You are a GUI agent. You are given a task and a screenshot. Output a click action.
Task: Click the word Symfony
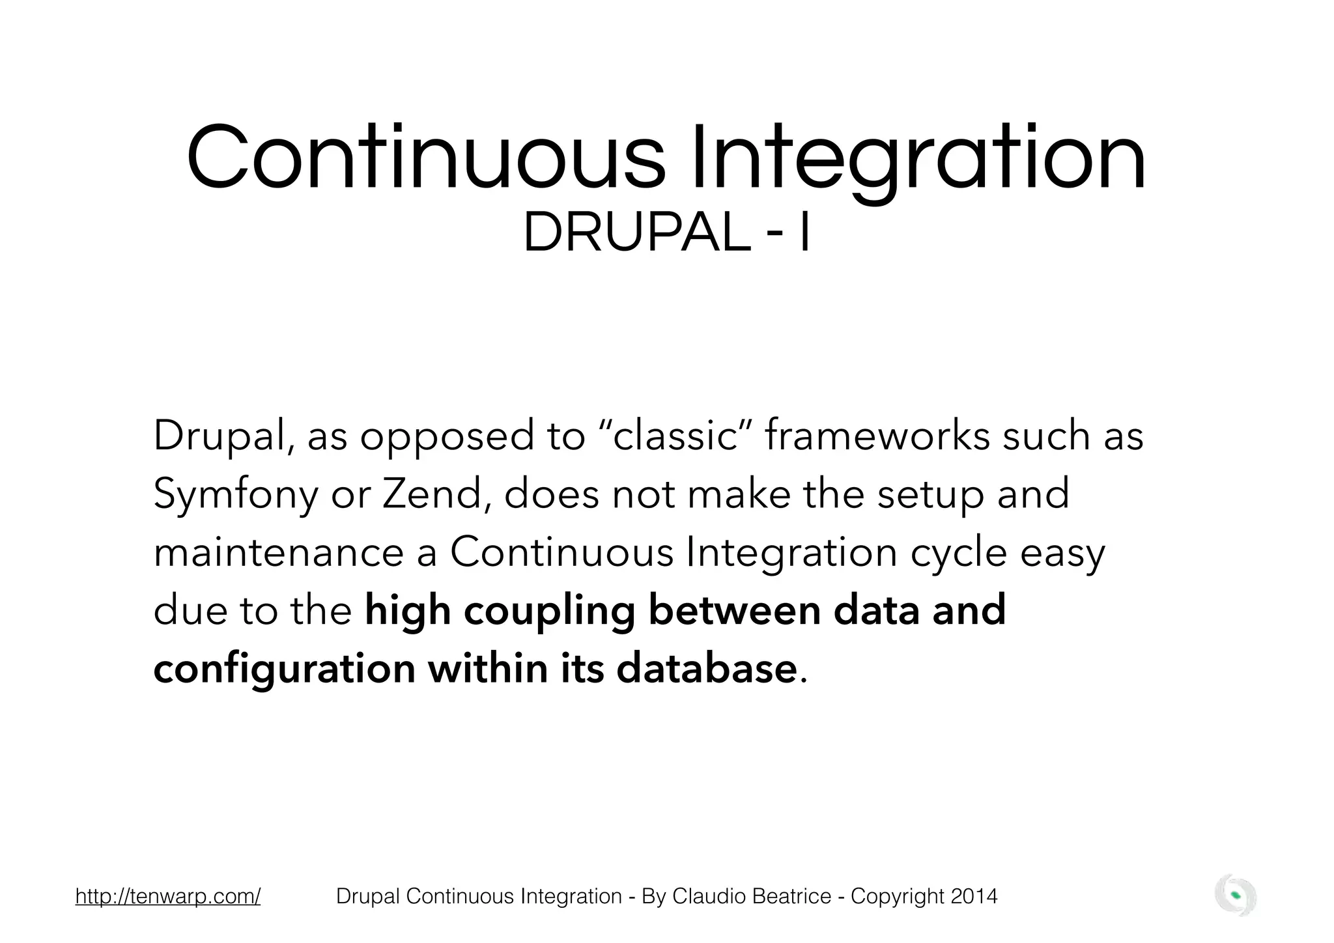point(236,494)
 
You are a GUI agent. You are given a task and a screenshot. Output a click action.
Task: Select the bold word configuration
point(284,670)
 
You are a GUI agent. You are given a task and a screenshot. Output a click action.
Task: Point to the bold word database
point(706,669)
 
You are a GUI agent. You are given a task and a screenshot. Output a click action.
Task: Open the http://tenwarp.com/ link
point(168,897)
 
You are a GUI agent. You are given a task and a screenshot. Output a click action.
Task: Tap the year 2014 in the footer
point(974,897)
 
